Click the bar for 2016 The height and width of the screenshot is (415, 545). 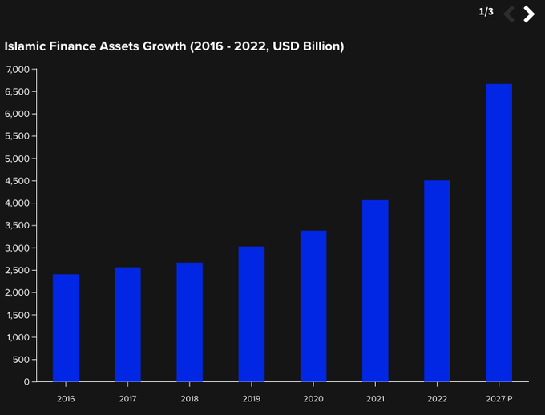[66, 328]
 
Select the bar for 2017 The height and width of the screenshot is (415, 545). [127, 324]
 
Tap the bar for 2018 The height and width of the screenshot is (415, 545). [190, 322]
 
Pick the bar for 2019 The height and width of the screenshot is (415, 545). [252, 314]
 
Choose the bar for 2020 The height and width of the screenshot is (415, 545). [313, 306]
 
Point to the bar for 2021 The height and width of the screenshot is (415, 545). [375, 291]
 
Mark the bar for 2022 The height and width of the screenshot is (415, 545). [437, 281]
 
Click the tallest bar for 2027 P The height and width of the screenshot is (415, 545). [499, 232]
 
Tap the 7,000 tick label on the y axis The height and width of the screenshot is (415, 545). [17, 70]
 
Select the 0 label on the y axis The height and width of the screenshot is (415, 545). [26, 382]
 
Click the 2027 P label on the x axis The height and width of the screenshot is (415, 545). [499, 397]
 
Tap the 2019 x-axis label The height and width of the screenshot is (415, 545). [252, 397]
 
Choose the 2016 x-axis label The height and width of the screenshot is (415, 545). [66, 397]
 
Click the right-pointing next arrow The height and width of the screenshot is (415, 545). [529, 14]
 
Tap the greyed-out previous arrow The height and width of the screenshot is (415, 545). [509, 14]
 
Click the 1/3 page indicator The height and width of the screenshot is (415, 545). [486, 12]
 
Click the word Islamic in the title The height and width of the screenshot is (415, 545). [26, 46]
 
